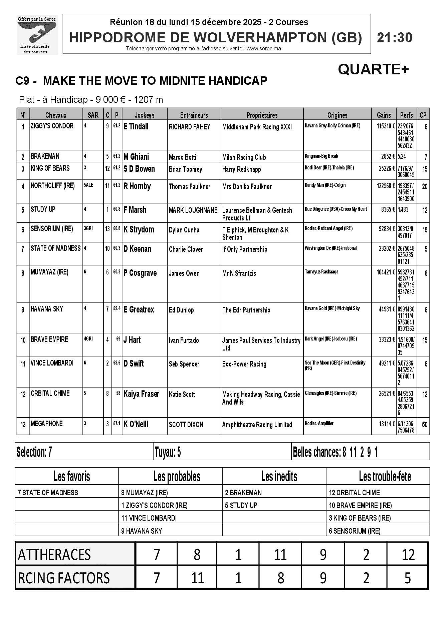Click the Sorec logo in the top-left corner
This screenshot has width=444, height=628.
pos(37,35)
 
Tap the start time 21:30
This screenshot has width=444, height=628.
pos(395,38)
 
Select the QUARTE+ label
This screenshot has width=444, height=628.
pos(373,69)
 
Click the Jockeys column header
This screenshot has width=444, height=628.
pos(144,115)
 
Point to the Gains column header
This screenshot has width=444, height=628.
pos(384,115)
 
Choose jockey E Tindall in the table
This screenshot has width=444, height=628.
pos(136,126)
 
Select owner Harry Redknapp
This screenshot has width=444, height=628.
pos(241,169)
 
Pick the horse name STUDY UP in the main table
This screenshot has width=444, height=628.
pos(43,209)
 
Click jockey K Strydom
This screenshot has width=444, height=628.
pos(139,229)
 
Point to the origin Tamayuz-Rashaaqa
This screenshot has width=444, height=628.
pos(321,272)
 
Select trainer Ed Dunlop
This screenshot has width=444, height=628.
pos(181,310)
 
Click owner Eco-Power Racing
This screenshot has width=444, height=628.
pos(244,364)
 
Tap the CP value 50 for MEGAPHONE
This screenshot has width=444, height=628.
pos(424,425)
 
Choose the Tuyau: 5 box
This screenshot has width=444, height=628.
pos(168,452)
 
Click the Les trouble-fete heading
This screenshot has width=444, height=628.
pos(385,477)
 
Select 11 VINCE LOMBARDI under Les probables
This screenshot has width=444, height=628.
pos(149,518)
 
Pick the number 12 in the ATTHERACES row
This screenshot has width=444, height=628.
pos(408,555)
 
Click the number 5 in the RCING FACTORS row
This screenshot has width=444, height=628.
pos(407,578)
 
